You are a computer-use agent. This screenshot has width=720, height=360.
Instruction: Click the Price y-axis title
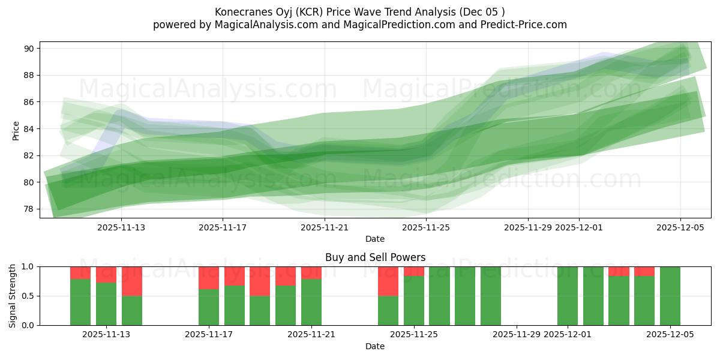point(16,130)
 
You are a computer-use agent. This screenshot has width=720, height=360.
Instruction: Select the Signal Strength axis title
point(13,296)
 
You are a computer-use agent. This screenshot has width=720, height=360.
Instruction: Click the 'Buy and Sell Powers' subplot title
point(375,257)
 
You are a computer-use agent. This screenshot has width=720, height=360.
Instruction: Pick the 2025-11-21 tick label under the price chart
point(324,227)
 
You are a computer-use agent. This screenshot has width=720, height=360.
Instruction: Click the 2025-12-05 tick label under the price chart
point(680,227)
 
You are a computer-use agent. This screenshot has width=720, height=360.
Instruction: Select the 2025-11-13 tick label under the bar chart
point(106,335)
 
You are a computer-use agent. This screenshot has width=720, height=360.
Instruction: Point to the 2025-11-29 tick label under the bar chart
point(517,335)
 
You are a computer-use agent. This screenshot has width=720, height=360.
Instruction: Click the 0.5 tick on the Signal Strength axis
point(28,296)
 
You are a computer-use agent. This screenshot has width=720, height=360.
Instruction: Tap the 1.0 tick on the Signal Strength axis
point(28,266)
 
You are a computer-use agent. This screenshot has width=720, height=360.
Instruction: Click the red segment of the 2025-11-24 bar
point(388,281)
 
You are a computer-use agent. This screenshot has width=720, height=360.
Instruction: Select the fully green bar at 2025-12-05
point(670,296)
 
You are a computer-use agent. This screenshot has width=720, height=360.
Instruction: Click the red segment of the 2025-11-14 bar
point(132,281)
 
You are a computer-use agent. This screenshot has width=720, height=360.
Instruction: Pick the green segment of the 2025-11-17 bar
point(209,307)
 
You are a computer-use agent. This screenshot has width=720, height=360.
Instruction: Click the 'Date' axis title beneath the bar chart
point(375,346)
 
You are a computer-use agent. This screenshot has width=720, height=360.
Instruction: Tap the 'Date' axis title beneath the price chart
point(375,239)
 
